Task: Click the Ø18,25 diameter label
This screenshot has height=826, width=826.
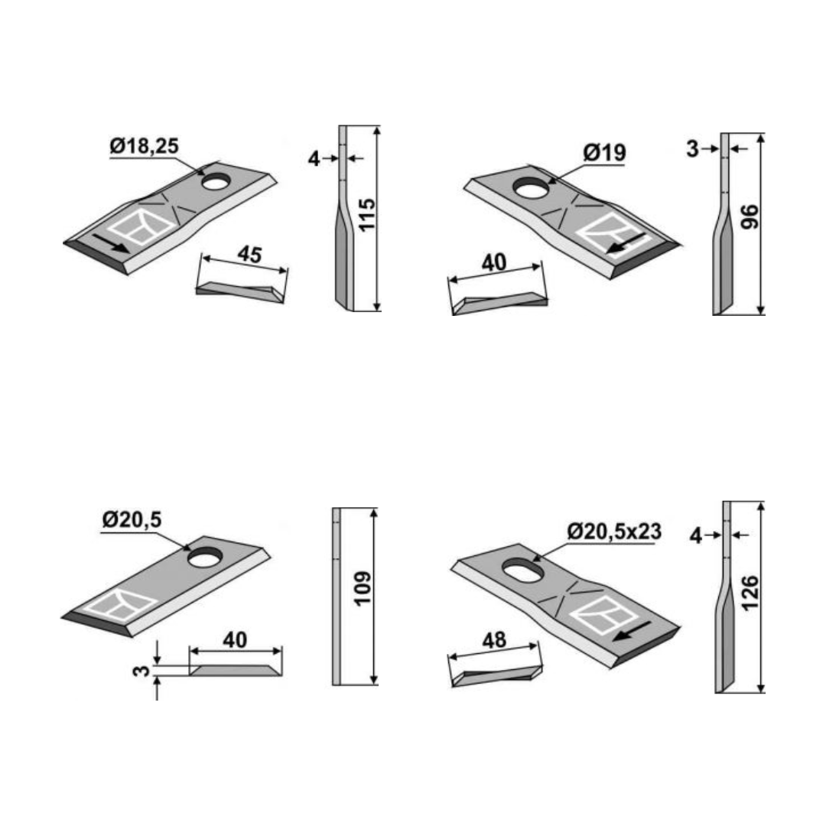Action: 145,146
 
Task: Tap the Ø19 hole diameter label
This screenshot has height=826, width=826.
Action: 604,153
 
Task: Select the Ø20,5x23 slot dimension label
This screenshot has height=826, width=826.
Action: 614,532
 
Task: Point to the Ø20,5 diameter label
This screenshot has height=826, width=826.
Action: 132,521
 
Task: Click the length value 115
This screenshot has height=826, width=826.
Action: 366,214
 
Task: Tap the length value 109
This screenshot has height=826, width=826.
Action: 363,588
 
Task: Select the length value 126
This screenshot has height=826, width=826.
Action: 750,593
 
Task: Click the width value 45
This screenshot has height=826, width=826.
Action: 249,255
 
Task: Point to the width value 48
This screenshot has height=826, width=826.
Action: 494,641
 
